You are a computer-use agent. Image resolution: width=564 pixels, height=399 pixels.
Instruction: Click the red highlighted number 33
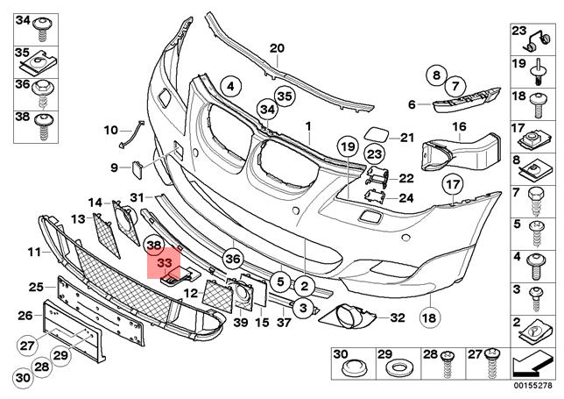click(x=164, y=262)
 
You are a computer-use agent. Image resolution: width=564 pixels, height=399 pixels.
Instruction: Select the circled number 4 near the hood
click(x=229, y=86)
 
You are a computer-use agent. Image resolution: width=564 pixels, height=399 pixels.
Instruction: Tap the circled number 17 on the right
click(x=451, y=185)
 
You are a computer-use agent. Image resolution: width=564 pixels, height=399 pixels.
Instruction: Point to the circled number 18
click(x=430, y=316)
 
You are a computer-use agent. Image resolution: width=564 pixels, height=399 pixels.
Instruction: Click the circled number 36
click(x=232, y=258)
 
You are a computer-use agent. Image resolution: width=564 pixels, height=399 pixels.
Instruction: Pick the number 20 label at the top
click(x=277, y=48)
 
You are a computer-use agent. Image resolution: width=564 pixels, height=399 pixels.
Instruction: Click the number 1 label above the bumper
click(x=308, y=126)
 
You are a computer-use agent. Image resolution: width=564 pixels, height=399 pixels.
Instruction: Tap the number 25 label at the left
click(x=36, y=287)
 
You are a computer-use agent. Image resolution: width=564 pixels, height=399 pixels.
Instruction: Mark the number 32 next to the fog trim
click(x=398, y=317)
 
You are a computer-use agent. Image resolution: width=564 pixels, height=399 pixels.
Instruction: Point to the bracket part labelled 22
click(x=377, y=178)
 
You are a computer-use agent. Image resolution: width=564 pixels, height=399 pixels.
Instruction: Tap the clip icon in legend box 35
click(x=41, y=64)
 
